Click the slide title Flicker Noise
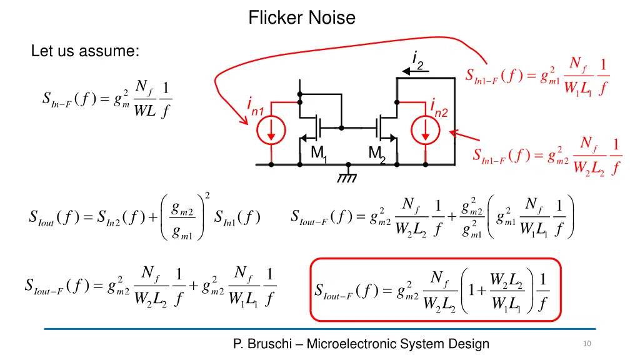(302, 18)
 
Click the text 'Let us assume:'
(84, 52)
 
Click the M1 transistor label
(319, 153)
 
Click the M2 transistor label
(376, 153)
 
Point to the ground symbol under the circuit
(347, 176)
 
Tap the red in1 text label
(256, 107)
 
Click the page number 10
(586, 344)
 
